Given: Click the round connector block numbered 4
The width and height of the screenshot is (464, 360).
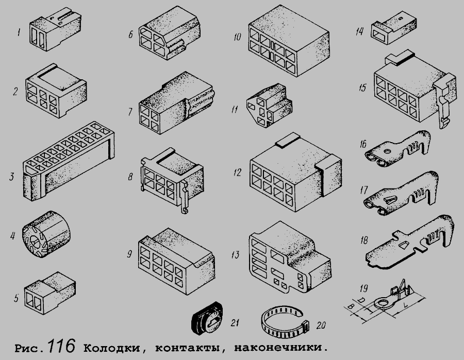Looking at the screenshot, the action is (x=46, y=233).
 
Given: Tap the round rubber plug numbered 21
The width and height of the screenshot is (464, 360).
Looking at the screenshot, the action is (x=207, y=318).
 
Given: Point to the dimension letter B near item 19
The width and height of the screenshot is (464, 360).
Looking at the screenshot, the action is (x=351, y=306).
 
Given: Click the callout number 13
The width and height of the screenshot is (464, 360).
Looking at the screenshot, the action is (x=235, y=255).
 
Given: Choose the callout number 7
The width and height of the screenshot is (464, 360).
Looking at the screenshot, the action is (x=130, y=112).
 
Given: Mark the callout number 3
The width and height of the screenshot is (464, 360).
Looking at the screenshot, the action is (x=11, y=177).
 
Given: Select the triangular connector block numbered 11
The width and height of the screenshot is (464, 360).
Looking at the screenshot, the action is (x=269, y=106).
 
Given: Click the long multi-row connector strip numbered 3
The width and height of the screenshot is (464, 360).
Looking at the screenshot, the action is (x=69, y=161).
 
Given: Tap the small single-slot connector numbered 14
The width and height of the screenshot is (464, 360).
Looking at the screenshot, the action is (x=393, y=28).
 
